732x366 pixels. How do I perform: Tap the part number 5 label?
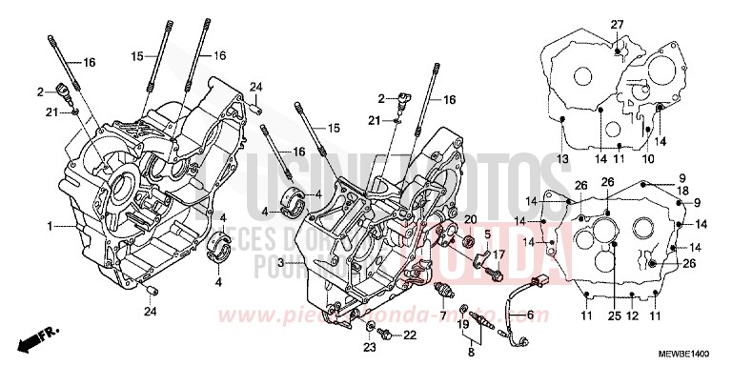coord(486,234)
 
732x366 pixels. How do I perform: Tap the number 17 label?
coord(498,254)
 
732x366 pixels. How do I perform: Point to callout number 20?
coord(470,220)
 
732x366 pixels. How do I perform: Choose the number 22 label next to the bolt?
coord(411,335)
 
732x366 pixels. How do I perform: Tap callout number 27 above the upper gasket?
coord(617,23)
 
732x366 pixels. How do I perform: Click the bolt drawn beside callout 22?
coord(387,334)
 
